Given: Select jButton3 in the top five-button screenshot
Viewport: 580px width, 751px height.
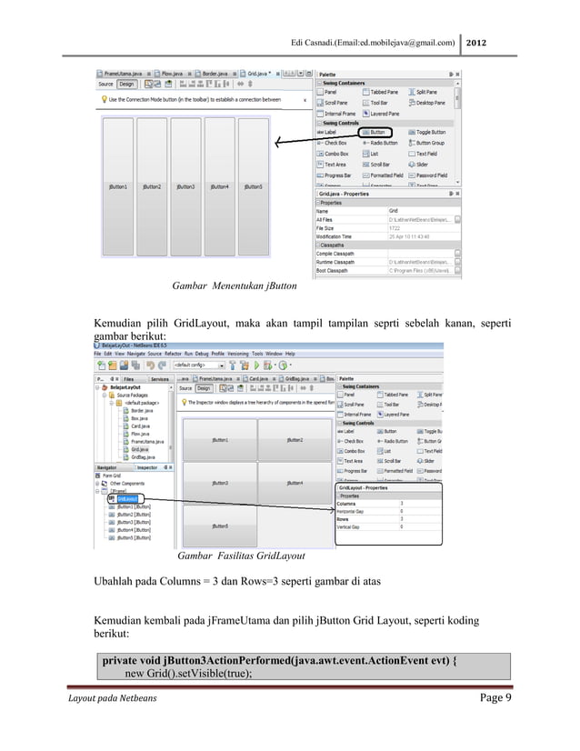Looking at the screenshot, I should [x=185, y=186].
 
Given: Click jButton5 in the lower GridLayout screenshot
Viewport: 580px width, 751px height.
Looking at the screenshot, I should [x=220, y=526].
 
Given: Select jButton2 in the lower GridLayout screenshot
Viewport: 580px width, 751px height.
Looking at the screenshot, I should [x=295, y=440].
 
